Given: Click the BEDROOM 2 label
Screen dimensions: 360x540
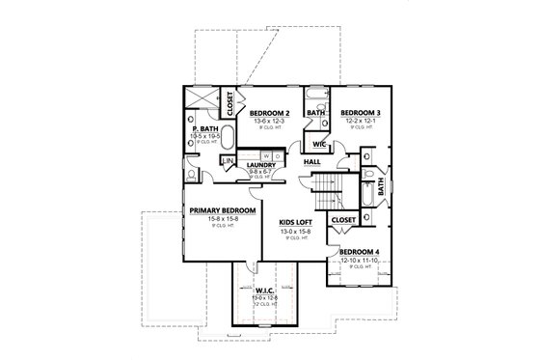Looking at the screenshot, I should pyautogui.click(x=270, y=113).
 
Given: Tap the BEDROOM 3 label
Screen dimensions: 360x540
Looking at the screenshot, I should pyautogui.click(x=360, y=113).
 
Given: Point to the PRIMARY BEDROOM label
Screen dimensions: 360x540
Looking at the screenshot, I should pyautogui.click(x=222, y=210).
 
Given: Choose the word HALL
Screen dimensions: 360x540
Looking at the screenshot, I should pyautogui.click(x=312, y=162).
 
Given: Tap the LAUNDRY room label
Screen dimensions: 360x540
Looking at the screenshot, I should pyautogui.click(x=260, y=165).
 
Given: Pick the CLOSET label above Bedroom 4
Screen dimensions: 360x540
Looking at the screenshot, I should pyautogui.click(x=343, y=220).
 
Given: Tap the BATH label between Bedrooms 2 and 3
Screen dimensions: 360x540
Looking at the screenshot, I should pyautogui.click(x=314, y=113).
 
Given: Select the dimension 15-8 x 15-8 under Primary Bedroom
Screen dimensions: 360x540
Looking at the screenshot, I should pyautogui.click(x=222, y=219).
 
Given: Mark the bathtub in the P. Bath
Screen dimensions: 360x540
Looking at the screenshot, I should pyautogui.click(x=203, y=100).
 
